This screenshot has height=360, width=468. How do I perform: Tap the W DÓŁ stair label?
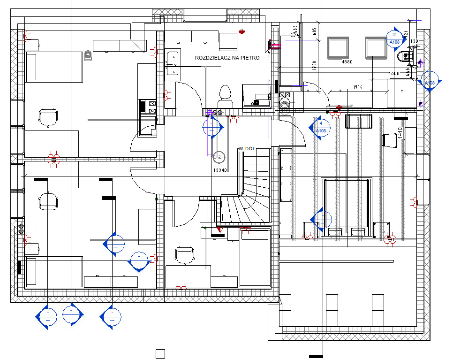click(247, 149)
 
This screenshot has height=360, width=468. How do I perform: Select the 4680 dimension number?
click(347, 62)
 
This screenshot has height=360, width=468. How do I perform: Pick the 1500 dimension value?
click(394, 74)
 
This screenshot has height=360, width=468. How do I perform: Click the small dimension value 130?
click(414, 42)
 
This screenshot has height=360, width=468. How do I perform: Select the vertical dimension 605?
click(315, 31)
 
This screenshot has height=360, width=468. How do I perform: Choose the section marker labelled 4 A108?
click(320, 127)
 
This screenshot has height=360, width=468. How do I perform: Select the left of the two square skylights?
click(338, 47)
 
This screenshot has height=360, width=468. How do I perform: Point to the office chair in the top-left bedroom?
click(49, 117)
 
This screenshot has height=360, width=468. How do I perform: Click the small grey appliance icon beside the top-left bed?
click(88, 56)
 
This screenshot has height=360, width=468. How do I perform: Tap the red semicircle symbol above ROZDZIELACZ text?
click(242, 32)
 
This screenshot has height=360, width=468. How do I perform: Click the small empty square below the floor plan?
click(160, 353)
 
